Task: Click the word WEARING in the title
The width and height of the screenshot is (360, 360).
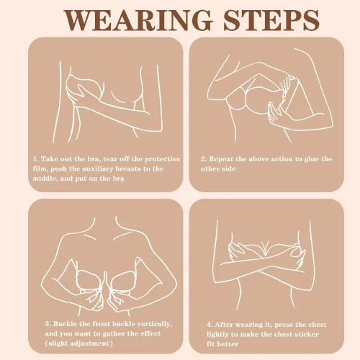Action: [x=139, y=20]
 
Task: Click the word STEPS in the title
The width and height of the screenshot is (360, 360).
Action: [x=271, y=20]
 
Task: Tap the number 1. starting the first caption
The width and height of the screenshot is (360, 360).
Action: [x=36, y=159]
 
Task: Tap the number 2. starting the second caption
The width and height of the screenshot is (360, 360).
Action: [x=204, y=159]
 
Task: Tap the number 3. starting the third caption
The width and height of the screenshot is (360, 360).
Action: [x=48, y=324]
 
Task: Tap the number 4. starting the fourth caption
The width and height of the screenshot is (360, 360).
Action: [x=210, y=325]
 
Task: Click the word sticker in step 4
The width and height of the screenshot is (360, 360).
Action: [x=305, y=335]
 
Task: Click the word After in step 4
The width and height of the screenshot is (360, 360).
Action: [x=223, y=325]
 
